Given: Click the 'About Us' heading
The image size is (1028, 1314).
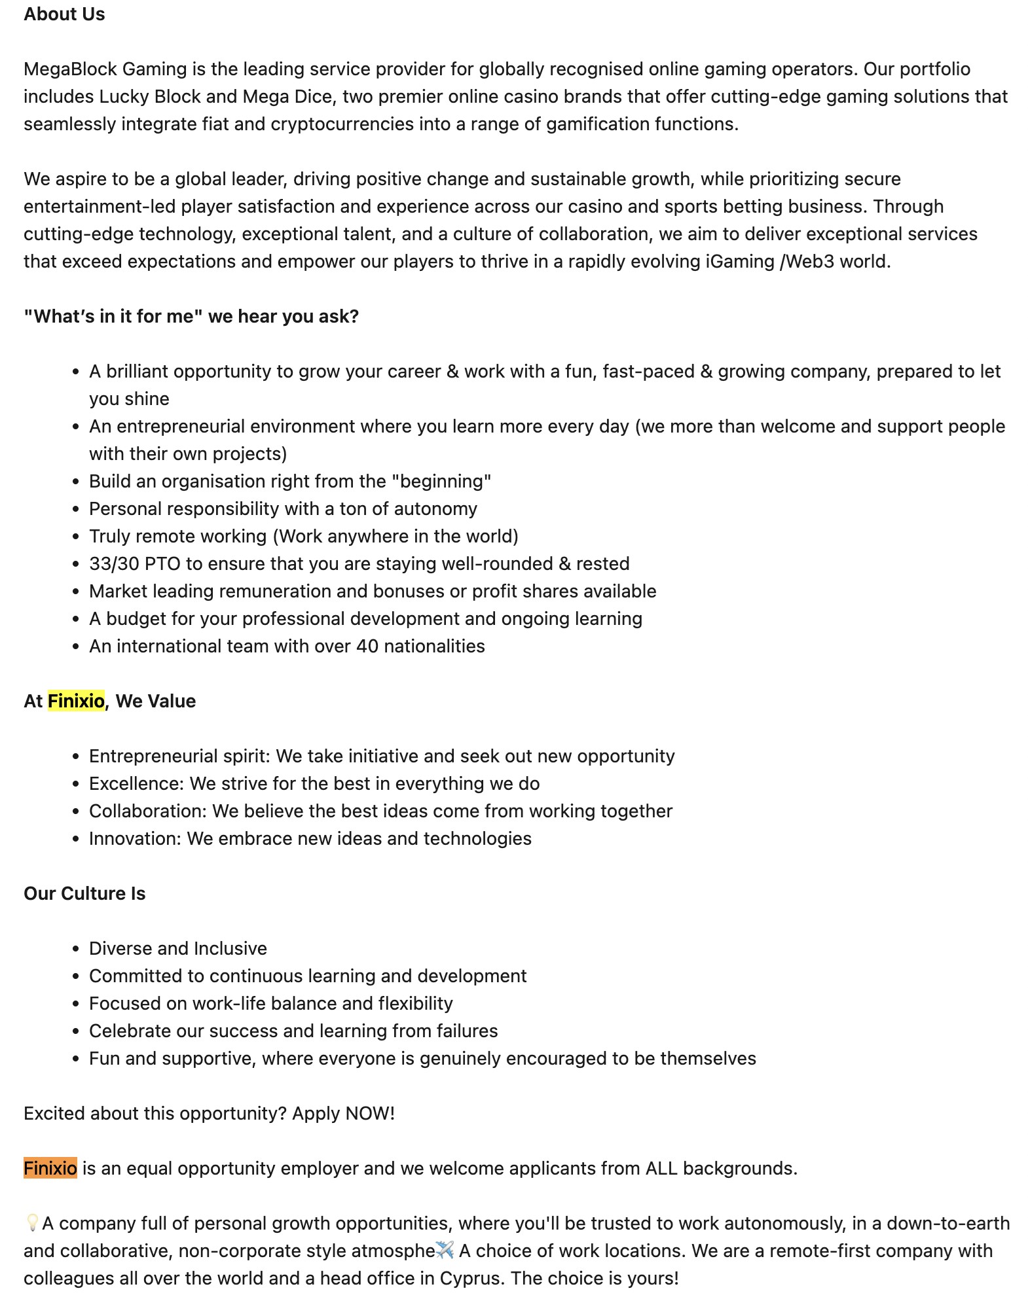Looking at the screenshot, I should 64,14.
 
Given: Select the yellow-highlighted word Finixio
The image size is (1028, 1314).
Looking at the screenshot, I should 76,701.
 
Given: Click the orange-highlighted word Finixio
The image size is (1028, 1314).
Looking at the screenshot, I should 50,1168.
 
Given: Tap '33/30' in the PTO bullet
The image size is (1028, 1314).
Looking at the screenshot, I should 112,563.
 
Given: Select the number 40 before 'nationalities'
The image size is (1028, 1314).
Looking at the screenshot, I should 367,646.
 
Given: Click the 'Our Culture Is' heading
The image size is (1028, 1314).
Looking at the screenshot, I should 84,893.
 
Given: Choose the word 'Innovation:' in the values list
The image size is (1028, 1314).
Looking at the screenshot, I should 135,838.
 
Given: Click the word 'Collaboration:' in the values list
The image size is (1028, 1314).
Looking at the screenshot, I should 148,811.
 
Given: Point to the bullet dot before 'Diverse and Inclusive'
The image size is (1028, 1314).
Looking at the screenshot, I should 76,949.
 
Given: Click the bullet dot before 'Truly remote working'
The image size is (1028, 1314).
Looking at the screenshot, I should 76,537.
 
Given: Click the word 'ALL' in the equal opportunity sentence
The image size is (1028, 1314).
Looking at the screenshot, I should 661,1168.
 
